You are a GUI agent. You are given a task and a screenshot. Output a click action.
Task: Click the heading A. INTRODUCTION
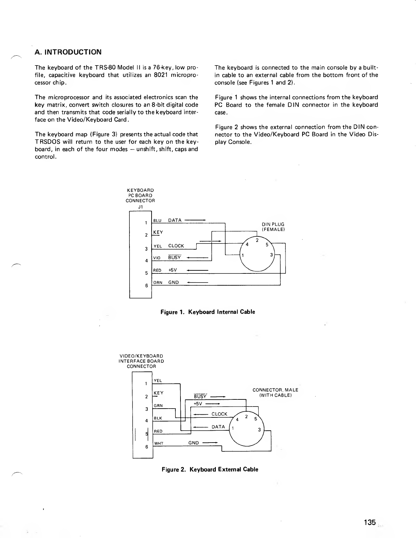tap(68, 52)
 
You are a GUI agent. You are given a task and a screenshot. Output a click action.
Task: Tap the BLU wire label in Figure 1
tap(157, 220)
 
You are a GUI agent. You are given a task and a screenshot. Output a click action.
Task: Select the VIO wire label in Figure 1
tap(157, 258)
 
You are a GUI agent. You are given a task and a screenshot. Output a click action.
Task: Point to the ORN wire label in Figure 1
tap(157, 282)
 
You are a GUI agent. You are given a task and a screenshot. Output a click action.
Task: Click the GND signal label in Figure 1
tap(173, 282)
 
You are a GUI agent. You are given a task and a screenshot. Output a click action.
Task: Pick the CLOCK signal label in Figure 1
tap(176, 246)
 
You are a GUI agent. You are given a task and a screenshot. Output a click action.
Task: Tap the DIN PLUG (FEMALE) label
tap(273, 227)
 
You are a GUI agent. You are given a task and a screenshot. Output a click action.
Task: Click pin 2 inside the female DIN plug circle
tap(257, 240)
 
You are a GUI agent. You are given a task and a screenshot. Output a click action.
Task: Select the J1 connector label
tap(140, 206)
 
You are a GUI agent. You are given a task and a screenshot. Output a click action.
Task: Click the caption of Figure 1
tap(208, 312)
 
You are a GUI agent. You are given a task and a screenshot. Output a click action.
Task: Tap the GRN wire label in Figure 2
tap(158, 406)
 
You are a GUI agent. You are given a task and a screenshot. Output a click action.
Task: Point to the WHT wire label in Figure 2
tap(159, 443)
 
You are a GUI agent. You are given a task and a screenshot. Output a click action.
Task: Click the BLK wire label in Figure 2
tap(158, 418)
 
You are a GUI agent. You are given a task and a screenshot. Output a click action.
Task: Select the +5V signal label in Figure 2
tap(198, 403)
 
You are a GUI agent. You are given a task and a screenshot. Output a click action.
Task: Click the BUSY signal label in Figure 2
tap(200, 396)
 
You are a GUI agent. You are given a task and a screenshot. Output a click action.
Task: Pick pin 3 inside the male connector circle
tap(259, 430)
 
